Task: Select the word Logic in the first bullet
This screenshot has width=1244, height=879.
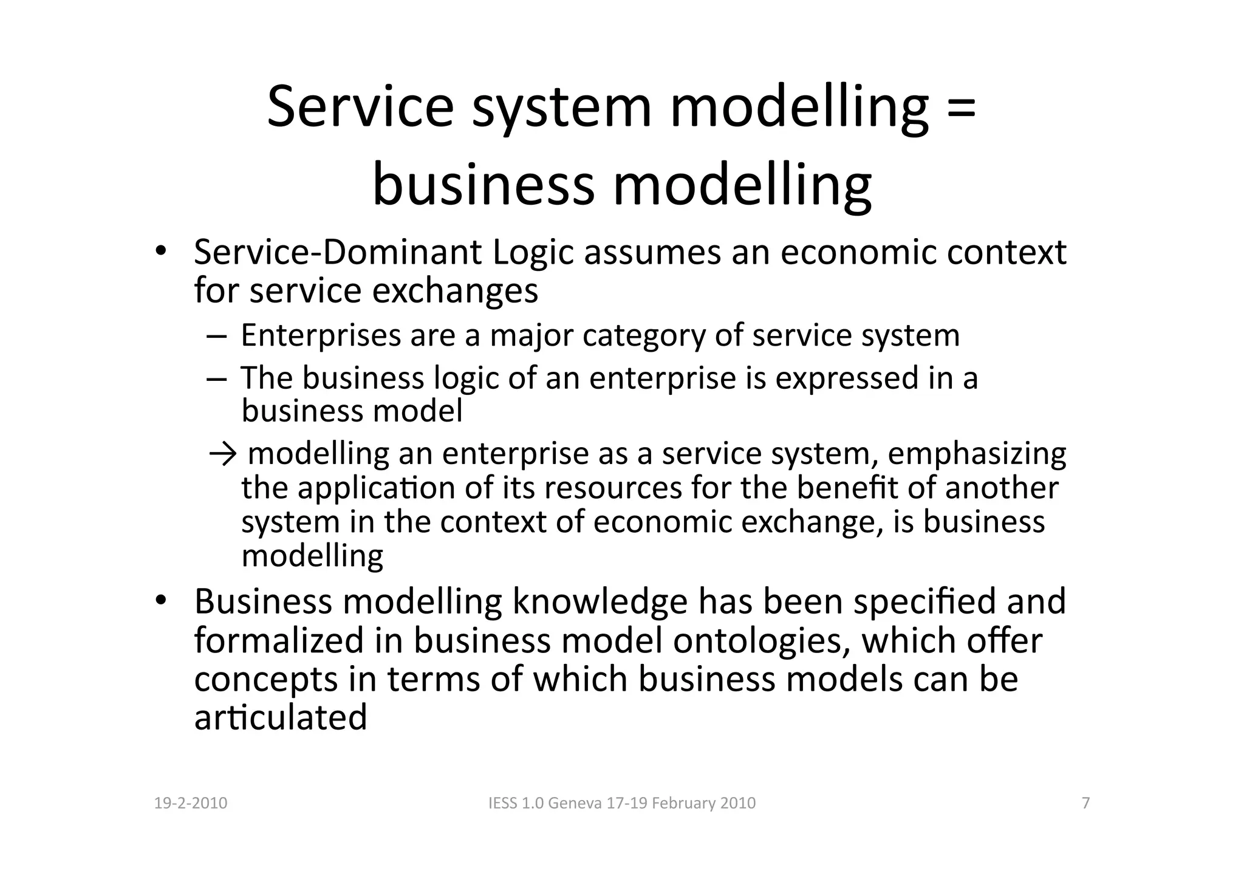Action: click(x=533, y=253)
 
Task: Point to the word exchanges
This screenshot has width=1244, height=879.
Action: click(x=454, y=291)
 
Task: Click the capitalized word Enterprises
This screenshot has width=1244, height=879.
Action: click(x=321, y=336)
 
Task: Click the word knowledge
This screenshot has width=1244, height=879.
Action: click(x=600, y=602)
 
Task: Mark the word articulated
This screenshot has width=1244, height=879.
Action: click(x=281, y=717)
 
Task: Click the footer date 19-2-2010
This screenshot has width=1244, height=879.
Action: click(x=191, y=803)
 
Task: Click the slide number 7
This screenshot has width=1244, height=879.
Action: click(x=1086, y=803)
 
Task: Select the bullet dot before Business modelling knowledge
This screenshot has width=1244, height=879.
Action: click(x=160, y=601)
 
